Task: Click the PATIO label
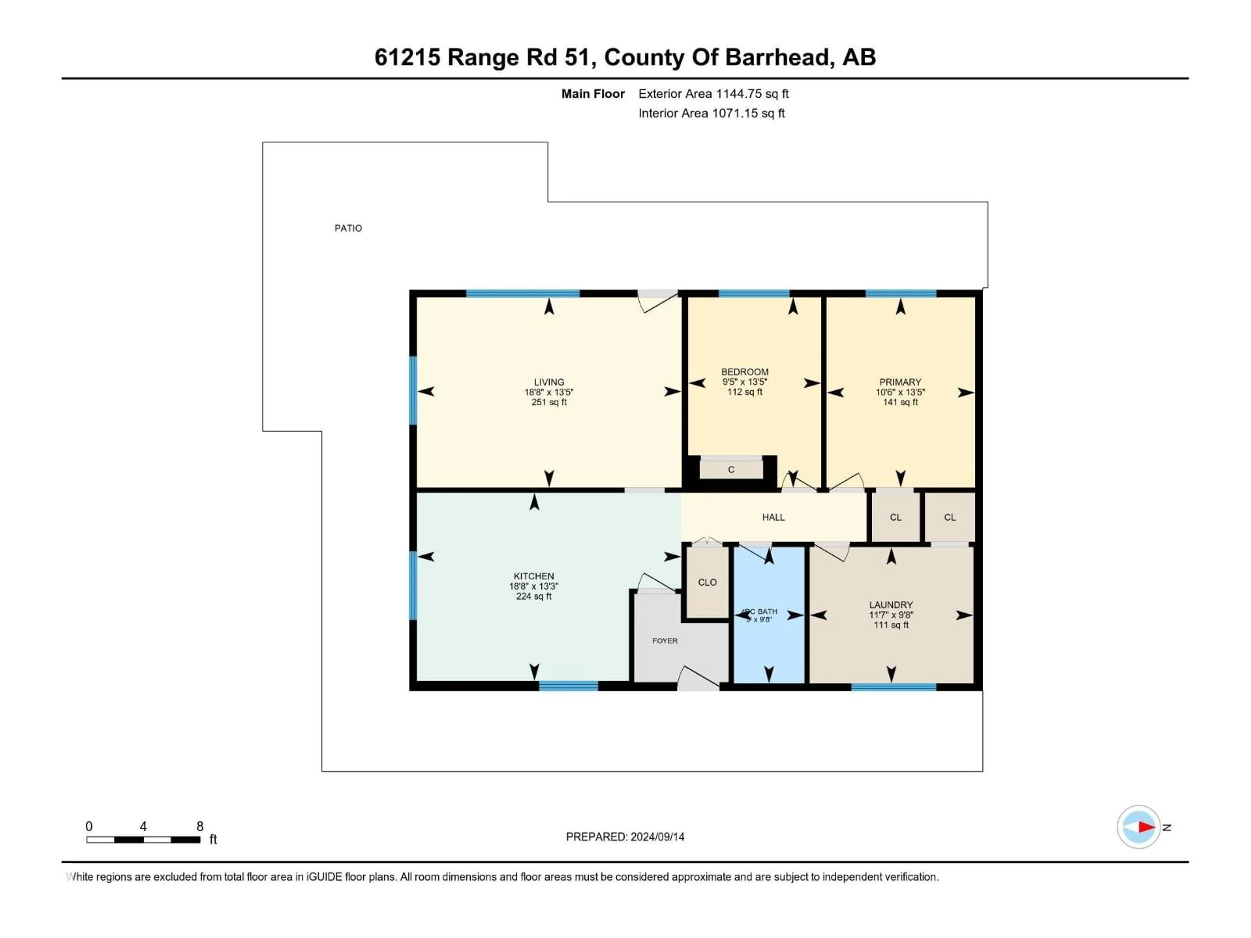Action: click(x=348, y=228)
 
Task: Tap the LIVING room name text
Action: click(x=549, y=382)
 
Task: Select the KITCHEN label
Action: click(x=533, y=576)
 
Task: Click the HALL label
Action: click(x=773, y=517)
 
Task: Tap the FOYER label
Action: click(x=665, y=641)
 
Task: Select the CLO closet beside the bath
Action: click(x=707, y=582)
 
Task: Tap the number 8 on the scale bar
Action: click(x=200, y=826)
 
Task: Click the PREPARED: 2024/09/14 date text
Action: click(x=625, y=837)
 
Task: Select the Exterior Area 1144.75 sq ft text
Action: click(x=713, y=94)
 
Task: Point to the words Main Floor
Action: click(x=593, y=94)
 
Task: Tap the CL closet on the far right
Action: click(x=950, y=517)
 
